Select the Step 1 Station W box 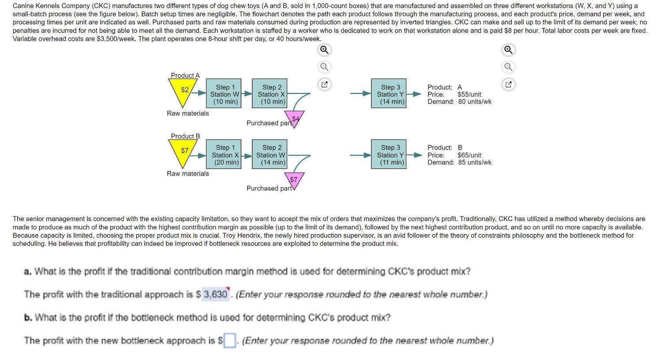(x=225, y=94)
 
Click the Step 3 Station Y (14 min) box (x=390, y=94)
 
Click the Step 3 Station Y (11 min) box (x=390, y=155)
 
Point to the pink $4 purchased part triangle (x=295, y=118)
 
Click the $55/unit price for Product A (x=469, y=94)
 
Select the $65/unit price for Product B (x=469, y=155)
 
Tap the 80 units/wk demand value (x=474, y=101)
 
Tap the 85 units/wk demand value (x=474, y=162)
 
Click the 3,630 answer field (x=215, y=294)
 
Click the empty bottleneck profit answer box (x=229, y=341)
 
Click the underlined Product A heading (x=185, y=75)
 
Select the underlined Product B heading (x=185, y=136)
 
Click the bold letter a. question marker (x=28, y=271)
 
